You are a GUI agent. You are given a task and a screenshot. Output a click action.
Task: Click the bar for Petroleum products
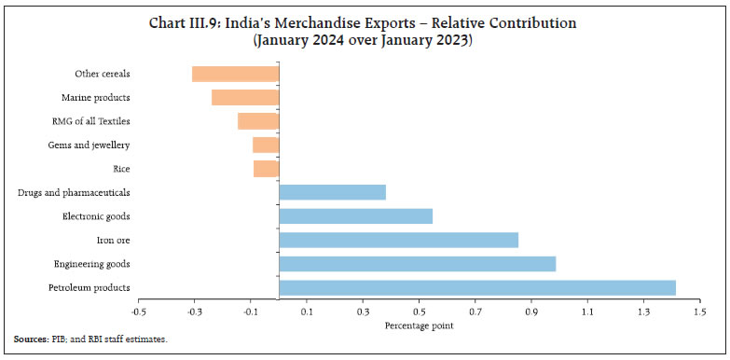[x=477, y=287]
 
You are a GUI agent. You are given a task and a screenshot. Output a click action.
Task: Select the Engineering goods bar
[x=417, y=264]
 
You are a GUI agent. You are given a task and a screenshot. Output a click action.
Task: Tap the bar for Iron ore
[x=398, y=240]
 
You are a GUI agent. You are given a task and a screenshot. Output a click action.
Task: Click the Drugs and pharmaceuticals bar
[x=332, y=192]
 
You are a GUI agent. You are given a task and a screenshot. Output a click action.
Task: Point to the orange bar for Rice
[x=266, y=169]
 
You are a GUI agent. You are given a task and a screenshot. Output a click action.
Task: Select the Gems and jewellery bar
[x=266, y=145]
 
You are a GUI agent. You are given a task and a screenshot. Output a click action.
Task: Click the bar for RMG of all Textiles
[x=258, y=121]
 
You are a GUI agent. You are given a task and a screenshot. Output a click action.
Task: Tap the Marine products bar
[x=245, y=97]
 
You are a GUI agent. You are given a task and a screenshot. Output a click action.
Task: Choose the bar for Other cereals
[x=235, y=74]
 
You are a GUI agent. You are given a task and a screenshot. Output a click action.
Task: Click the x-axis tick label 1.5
[x=698, y=312]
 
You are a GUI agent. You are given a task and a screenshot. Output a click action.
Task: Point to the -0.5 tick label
[x=138, y=312]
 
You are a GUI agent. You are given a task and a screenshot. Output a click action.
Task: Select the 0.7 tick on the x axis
[x=475, y=312]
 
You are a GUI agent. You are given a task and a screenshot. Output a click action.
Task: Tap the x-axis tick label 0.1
[x=307, y=312]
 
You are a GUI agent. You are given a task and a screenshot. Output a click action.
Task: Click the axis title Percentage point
[x=419, y=325]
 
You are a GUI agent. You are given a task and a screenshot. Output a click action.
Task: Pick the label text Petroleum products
[x=90, y=287]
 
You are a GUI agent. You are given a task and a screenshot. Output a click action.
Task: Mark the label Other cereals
[x=102, y=74]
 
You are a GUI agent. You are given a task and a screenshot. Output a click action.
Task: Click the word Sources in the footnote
[x=30, y=339]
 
